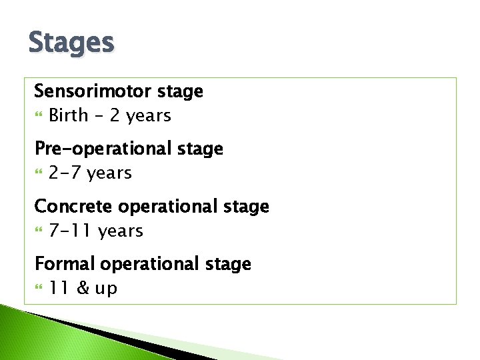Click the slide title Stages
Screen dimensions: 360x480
coord(71,43)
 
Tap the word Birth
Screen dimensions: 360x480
coord(69,115)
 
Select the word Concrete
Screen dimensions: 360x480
coord(65,206)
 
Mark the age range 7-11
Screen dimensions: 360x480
coord(71,231)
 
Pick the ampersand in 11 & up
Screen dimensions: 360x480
coord(83,289)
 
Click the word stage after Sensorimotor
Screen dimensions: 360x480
coord(181,92)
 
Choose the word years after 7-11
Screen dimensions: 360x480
coord(121,231)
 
